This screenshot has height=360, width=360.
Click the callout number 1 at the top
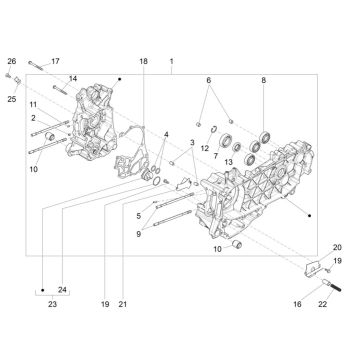pos(171,60)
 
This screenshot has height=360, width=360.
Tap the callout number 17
pos(55,61)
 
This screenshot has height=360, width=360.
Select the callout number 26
pos(11,61)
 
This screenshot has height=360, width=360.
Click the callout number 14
pos(73,78)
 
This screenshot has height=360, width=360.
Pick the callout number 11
pos(32,104)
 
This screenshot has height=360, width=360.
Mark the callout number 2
pos(33,118)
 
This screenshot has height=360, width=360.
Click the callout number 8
pos(264,79)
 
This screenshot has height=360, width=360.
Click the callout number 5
pos(138,215)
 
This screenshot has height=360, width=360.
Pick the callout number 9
pos(138,234)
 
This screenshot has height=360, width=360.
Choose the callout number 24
pos(62,290)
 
